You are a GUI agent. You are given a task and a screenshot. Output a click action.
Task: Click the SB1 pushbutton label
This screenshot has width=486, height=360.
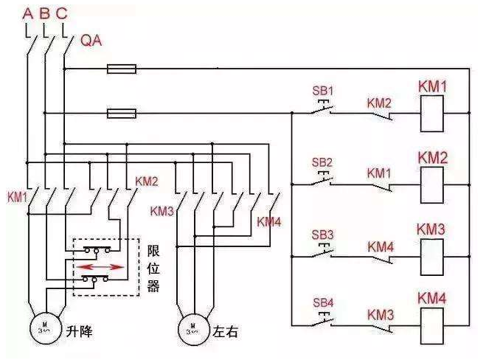(x=323, y=91)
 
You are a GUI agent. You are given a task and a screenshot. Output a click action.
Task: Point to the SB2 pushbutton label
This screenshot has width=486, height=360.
(x=322, y=162)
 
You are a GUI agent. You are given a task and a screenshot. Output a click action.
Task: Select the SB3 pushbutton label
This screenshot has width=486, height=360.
(x=323, y=235)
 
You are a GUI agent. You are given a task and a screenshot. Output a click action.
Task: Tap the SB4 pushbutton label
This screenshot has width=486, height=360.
(x=323, y=302)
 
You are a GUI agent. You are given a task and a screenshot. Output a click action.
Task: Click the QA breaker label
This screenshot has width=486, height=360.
(x=91, y=41)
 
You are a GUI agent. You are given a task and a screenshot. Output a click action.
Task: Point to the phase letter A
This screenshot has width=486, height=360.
(x=28, y=13)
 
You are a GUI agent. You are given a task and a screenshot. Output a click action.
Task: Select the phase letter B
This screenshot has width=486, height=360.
(x=45, y=13)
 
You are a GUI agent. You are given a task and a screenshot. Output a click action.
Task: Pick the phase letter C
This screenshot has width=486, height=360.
(x=62, y=13)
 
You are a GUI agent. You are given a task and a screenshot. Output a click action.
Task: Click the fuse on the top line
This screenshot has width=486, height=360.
(x=122, y=69)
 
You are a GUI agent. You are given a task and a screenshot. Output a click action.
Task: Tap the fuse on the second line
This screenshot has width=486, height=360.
(x=122, y=114)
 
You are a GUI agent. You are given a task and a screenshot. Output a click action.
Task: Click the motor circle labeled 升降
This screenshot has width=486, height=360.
(x=46, y=328)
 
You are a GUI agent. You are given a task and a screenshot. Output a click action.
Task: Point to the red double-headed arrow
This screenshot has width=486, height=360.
(x=100, y=266)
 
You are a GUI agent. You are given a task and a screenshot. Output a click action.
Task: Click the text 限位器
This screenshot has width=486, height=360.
(x=153, y=269)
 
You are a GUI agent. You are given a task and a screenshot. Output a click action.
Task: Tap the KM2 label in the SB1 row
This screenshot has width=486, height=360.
(x=379, y=103)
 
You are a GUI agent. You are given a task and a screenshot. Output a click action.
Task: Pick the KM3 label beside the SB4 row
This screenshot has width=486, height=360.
(x=381, y=315)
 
